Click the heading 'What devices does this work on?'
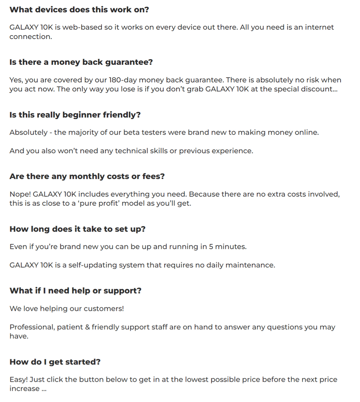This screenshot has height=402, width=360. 79,10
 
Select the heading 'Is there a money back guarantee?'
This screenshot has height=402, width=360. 81,62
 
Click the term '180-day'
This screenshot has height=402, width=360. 123,80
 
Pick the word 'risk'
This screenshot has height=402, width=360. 303,80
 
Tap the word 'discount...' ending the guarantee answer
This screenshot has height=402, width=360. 319,89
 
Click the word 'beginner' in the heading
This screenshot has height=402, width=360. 81,115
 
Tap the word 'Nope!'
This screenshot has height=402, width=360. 20,194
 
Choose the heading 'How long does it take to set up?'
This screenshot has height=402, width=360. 77,229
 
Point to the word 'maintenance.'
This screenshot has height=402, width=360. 252,265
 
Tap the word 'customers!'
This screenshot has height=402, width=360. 103,309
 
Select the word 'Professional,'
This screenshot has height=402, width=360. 32,327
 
